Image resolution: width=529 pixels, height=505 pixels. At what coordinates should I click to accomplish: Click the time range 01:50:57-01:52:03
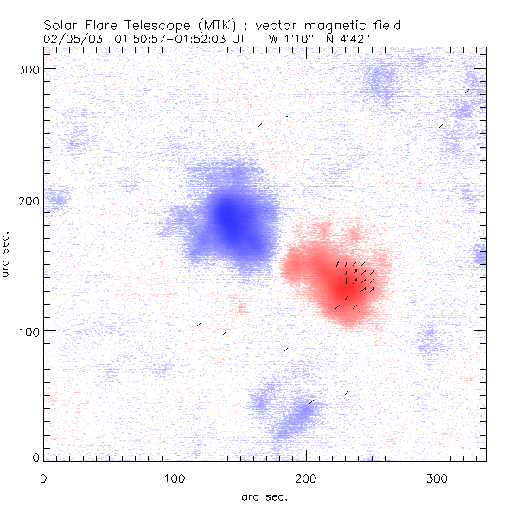pyautogui.click(x=175, y=39)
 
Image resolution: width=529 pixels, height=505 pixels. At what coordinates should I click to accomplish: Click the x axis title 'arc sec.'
pyautogui.click(x=264, y=496)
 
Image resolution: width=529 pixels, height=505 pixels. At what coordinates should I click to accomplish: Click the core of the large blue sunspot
pyautogui.click(x=228, y=216)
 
